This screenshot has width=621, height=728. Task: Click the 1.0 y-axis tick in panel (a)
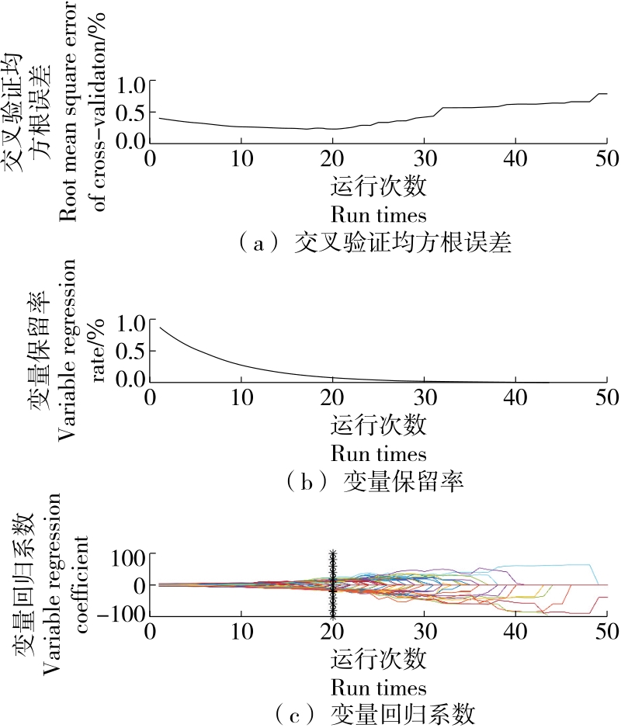[129, 83]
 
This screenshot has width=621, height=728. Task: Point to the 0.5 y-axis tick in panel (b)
[129, 351]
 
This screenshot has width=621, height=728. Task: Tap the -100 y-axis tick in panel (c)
[124, 614]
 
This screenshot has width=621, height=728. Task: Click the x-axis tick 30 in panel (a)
[424, 158]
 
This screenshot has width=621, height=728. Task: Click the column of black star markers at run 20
[333, 584]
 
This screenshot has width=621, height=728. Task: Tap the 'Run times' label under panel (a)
[378, 213]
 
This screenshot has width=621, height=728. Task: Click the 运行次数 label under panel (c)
[378, 660]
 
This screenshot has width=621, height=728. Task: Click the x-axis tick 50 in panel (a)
[605, 158]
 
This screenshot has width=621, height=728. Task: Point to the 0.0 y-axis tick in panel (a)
[129, 140]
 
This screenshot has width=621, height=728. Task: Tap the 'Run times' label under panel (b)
[378, 452]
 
